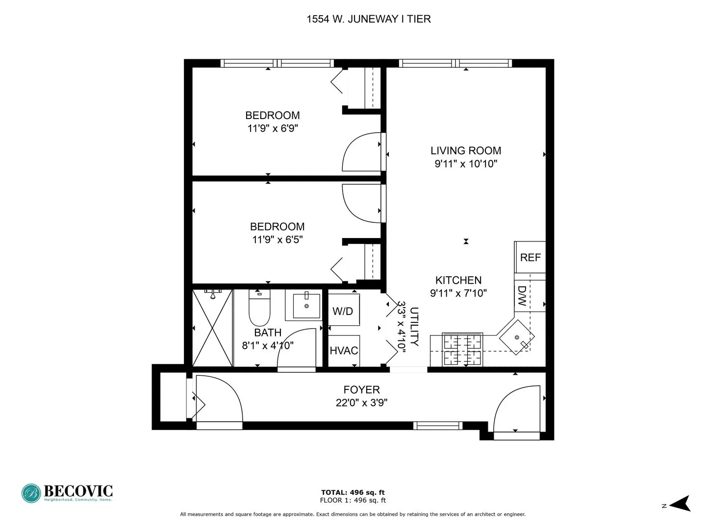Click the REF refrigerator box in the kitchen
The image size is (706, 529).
click(x=530, y=257)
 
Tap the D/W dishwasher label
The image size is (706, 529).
click(x=522, y=296)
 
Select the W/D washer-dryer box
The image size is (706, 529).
click(x=343, y=311)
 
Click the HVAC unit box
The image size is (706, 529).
click(x=344, y=351)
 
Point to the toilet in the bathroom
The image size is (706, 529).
click(x=259, y=309)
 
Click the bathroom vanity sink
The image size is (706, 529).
click(x=306, y=305)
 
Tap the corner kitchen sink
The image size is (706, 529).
click(x=516, y=337)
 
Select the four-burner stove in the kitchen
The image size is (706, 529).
click(x=462, y=350)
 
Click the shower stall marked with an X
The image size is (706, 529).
click(x=212, y=328)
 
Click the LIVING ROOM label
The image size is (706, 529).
click(x=466, y=151)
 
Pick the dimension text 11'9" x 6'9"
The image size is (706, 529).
click(x=273, y=128)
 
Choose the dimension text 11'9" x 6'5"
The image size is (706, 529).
click(x=277, y=240)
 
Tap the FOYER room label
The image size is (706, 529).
click(x=361, y=390)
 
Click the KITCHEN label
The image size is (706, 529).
click(x=458, y=280)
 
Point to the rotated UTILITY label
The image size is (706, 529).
click(x=414, y=327)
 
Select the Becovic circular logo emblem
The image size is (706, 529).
click(x=31, y=493)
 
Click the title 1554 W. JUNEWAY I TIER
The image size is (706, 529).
click(x=369, y=19)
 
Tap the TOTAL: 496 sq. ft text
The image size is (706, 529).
click(x=353, y=492)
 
